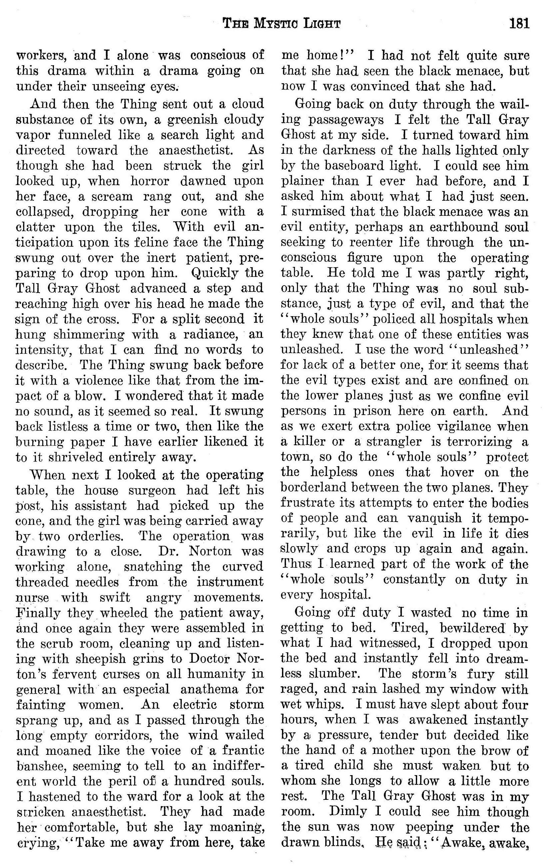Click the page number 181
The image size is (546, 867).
(x=519, y=24)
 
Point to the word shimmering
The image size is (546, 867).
(x=88, y=334)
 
